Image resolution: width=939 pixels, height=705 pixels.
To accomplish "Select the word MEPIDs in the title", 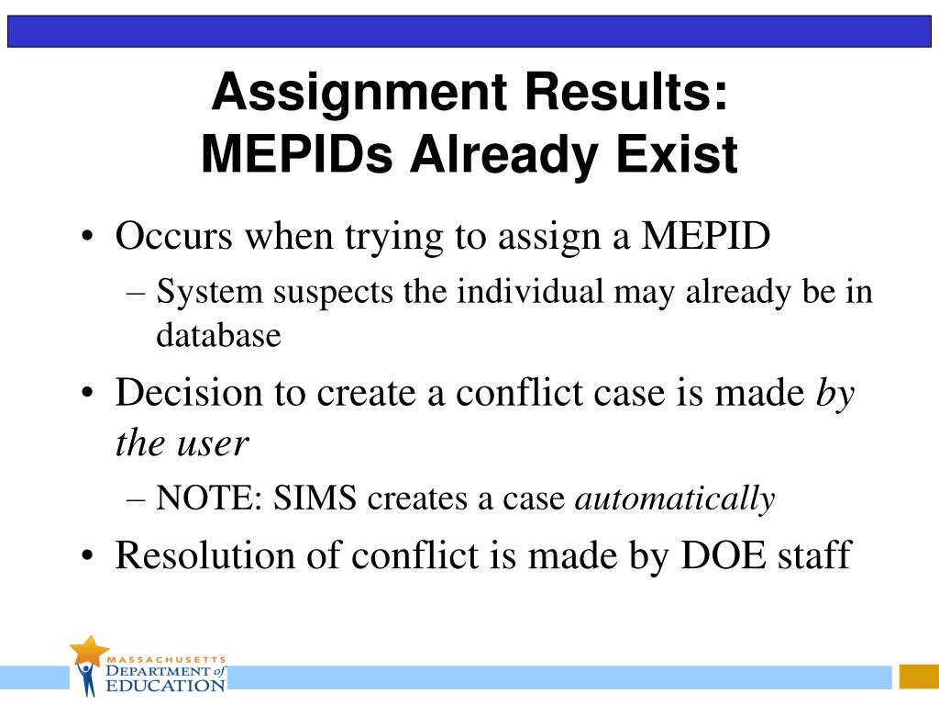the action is coord(297,154).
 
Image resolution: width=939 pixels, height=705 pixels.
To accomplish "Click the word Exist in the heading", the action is coord(677,154).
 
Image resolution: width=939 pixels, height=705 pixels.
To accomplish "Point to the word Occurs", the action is coord(173,236).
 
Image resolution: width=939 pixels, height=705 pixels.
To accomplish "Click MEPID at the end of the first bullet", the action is coord(705,236).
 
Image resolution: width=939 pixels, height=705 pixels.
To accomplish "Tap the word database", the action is coord(218,334).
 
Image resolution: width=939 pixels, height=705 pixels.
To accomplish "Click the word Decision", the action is coord(190,393).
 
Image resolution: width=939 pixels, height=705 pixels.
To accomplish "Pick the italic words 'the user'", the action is coord(182,443).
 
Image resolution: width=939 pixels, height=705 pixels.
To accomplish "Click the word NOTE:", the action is coord(210,498).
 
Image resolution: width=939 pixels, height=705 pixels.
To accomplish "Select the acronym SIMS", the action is coord(315,498).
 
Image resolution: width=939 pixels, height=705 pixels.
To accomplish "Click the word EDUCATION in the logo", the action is coord(165,685).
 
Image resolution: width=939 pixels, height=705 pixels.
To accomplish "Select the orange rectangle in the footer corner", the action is coord(919,677).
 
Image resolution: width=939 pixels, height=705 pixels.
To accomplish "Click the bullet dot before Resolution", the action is coord(87,555).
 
